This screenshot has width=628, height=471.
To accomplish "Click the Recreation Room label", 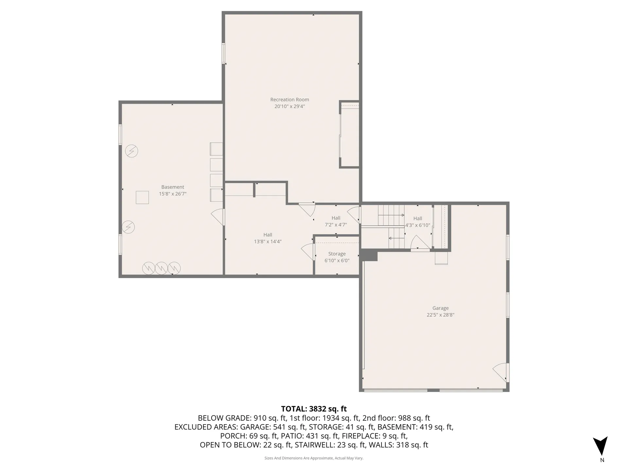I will pos(289,99).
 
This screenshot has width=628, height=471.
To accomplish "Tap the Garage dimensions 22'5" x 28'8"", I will pos(440,315).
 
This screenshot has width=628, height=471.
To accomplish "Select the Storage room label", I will pos(337,254).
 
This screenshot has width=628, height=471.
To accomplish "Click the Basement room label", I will pos(173,187).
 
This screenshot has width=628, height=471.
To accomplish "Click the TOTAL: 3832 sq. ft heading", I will pos(314,409).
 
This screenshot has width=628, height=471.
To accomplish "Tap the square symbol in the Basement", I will pos(142,197).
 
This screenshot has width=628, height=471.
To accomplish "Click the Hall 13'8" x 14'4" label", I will pos(268,238).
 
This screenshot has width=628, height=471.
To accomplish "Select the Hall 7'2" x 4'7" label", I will pos(336,221).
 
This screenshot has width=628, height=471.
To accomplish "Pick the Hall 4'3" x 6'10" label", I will pos(418,222).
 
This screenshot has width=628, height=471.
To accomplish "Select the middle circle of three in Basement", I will pos(161,268).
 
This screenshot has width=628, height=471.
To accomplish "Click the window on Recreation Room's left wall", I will pos(224,53).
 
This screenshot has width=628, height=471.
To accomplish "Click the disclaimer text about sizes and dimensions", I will pos(314,458).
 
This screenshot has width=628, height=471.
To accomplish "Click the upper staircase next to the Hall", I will pos(391,215).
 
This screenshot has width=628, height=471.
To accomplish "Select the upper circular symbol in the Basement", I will pos(131,151).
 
